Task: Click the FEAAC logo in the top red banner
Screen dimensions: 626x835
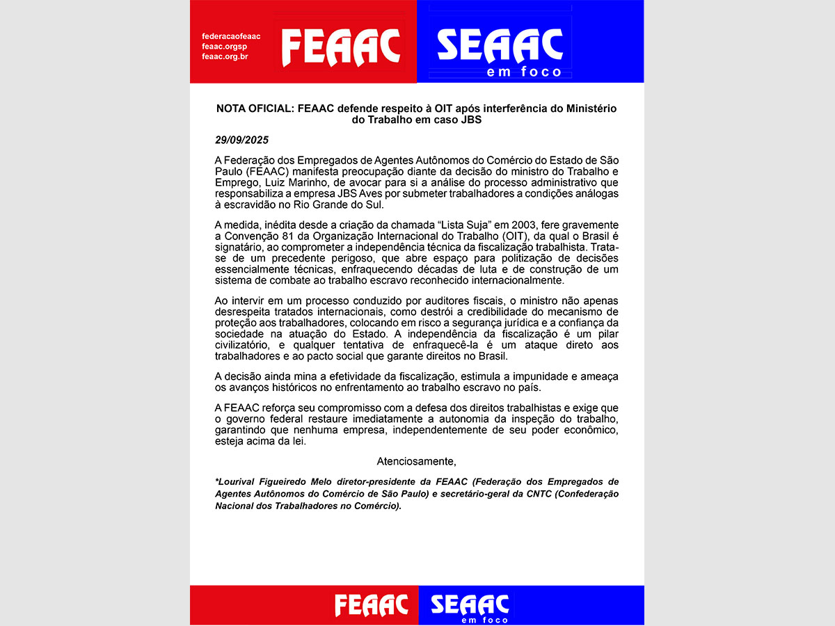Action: (x=341, y=47)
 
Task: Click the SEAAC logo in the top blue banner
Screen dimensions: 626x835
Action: (x=500, y=47)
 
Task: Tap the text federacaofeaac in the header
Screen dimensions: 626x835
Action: (x=231, y=35)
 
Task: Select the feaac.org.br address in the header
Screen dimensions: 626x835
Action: (x=225, y=56)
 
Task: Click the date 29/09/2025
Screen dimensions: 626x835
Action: (x=242, y=140)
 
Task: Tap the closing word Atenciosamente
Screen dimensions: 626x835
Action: (x=416, y=461)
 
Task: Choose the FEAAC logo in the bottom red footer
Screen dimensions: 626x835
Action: (x=371, y=605)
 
